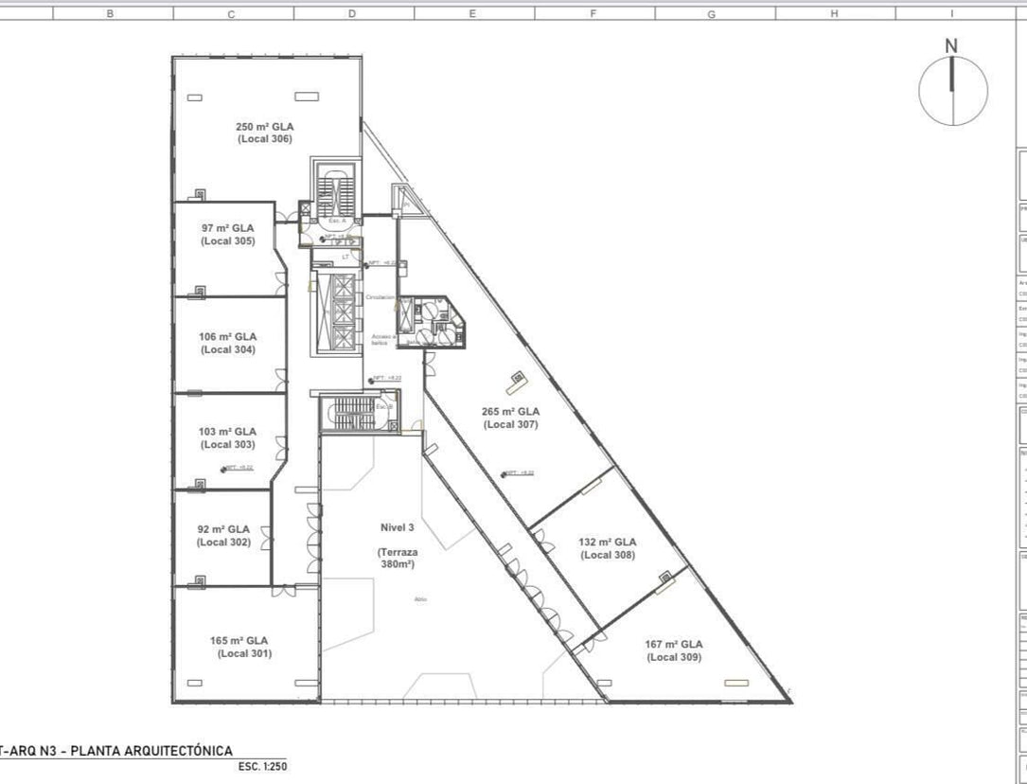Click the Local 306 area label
pos(264,133)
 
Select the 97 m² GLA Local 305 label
pos(227,235)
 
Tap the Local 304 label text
pos(228,343)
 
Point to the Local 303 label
pos(227,437)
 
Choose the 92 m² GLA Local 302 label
pos(223,536)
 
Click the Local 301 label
pos(245,647)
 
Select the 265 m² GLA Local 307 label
pos(511,419)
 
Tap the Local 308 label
pos(608,548)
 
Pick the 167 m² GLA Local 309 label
pos(674,650)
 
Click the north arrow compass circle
pos(952,91)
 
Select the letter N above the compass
pos(951,45)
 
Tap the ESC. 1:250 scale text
pos(262,767)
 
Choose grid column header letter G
pos(711,14)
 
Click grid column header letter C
pos(232,14)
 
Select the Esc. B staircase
pos(354,413)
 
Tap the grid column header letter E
pos(471,14)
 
